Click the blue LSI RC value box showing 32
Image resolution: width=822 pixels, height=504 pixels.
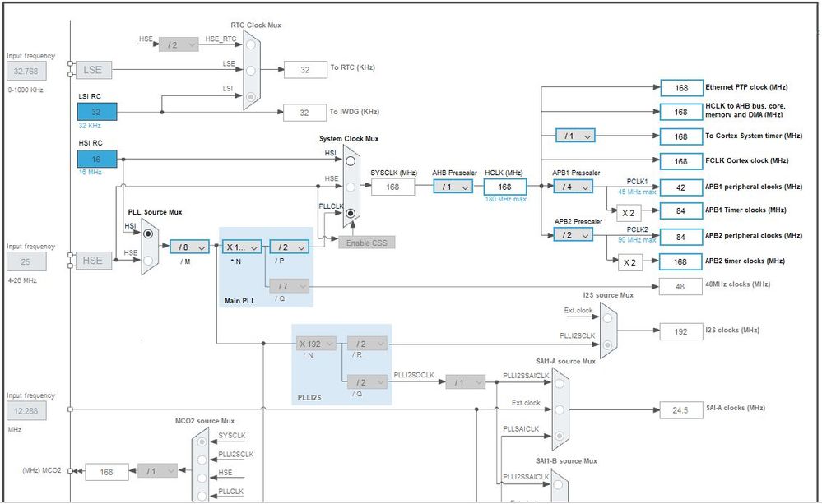click(x=96, y=112)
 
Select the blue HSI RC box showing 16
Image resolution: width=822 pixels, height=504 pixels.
click(x=96, y=159)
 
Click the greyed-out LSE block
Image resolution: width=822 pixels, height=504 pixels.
click(x=93, y=70)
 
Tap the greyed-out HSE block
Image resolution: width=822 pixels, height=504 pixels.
click(x=93, y=261)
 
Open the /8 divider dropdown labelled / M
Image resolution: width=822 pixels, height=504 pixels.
click(x=190, y=247)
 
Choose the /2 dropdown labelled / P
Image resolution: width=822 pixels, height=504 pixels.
click(x=289, y=247)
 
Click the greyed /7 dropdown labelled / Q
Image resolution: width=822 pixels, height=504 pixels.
click(x=289, y=285)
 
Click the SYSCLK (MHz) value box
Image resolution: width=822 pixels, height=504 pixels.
click(x=392, y=187)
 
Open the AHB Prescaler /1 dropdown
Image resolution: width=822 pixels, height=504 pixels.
click(x=453, y=187)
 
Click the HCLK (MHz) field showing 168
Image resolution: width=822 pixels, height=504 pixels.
click(x=505, y=187)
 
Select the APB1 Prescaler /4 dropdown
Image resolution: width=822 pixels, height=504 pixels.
click(x=574, y=187)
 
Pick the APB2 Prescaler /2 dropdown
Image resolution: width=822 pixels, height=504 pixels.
click(x=574, y=235)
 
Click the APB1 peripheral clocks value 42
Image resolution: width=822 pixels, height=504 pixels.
click(x=680, y=187)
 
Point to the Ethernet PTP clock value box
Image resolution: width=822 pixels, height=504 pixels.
click(x=680, y=87)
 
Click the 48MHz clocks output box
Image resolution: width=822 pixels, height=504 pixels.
click(x=680, y=285)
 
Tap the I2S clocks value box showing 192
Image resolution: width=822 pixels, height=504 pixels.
click(x=680, y=331)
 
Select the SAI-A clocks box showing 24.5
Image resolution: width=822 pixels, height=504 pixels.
click(x=680, y=409)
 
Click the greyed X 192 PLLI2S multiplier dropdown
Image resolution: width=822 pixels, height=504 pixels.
click(x=316, y=344)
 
